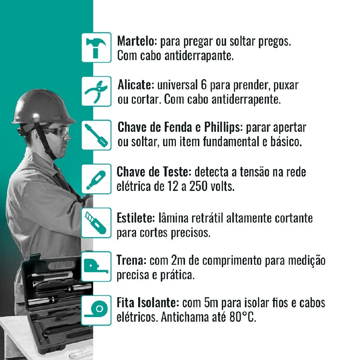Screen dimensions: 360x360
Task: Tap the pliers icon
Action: (96, 91)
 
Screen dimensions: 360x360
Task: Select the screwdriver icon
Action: (96, 135)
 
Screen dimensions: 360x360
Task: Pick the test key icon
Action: (96, 179)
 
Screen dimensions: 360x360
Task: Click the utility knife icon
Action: (96, 223)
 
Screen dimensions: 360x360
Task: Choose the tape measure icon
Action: (96, 266)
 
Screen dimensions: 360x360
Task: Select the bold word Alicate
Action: (136, 85)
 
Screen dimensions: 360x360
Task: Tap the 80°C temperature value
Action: (243, 317)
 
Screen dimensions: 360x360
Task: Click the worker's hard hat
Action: (43, 108)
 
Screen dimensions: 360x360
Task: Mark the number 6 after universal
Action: (204, 85)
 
